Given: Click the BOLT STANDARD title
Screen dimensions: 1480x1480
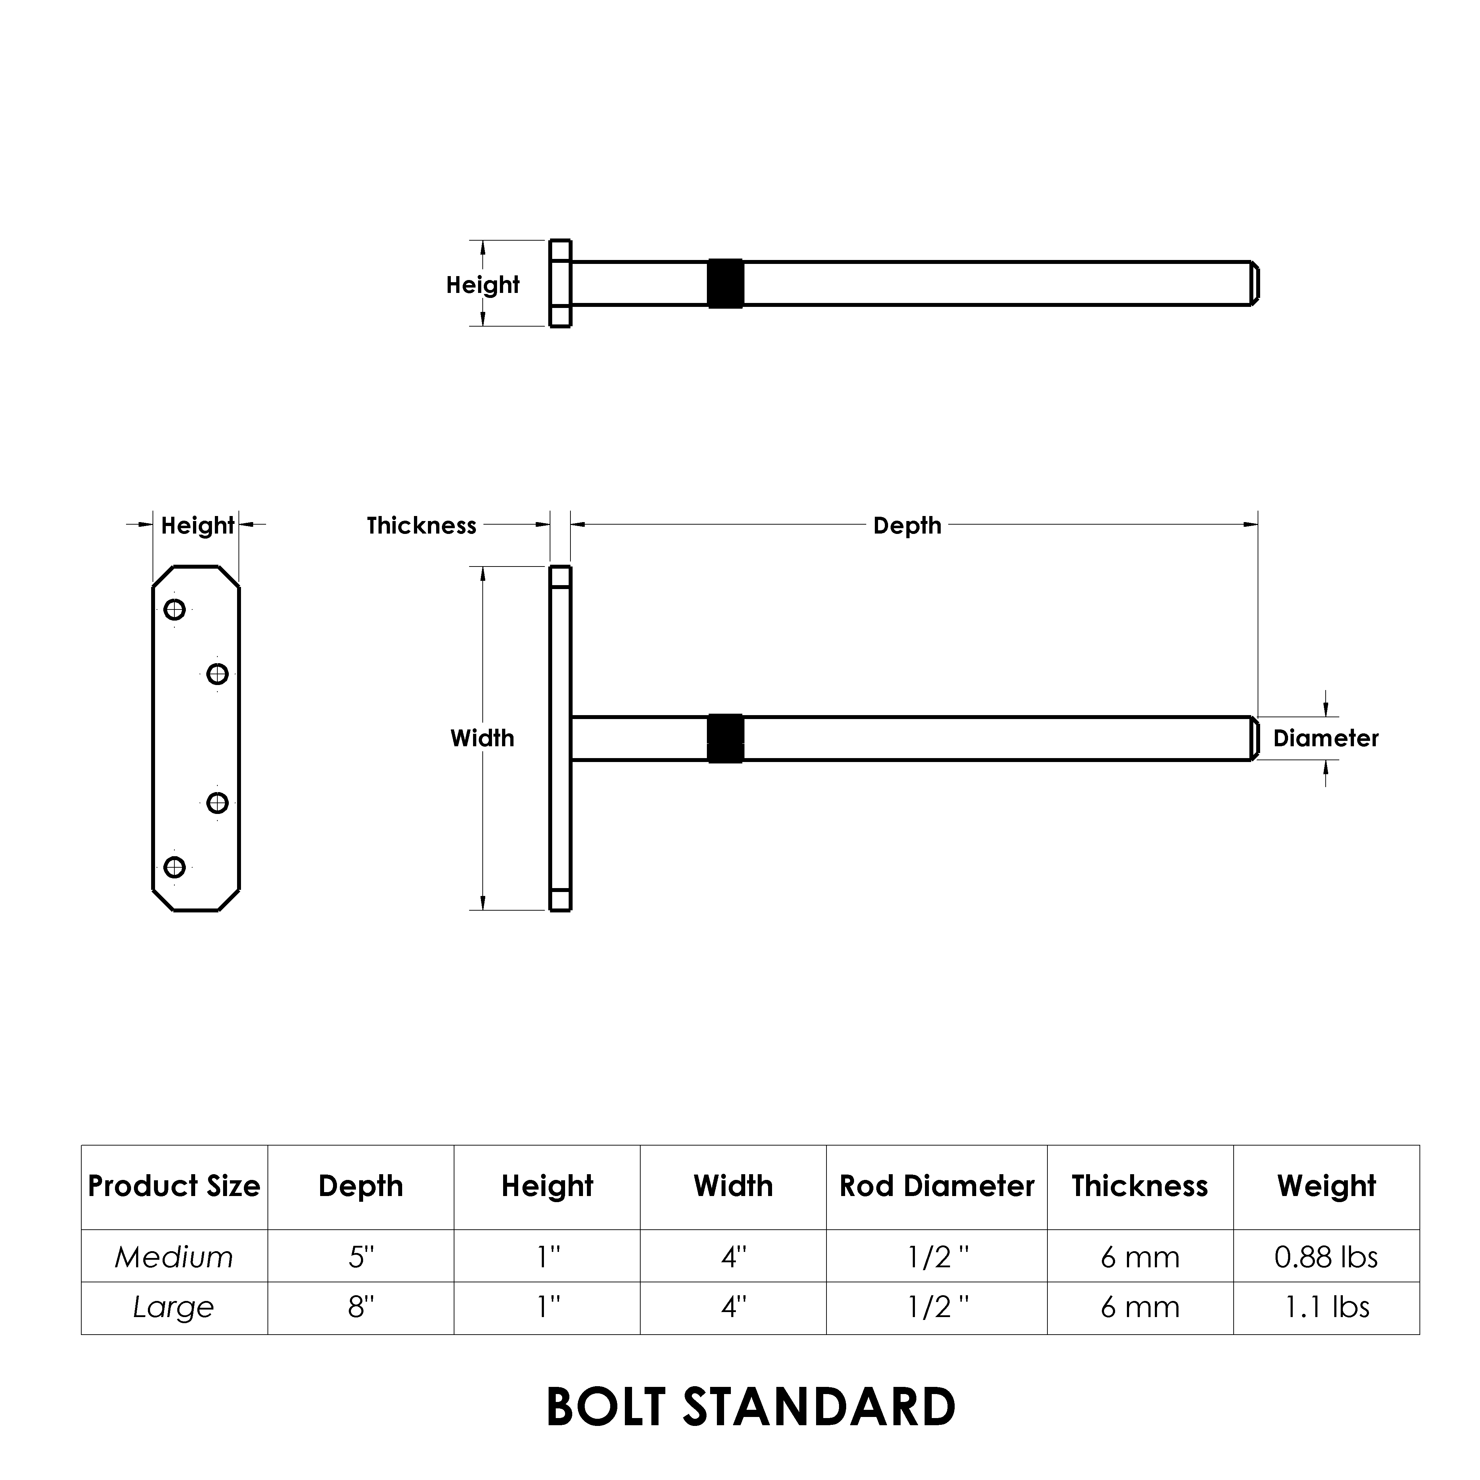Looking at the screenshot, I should point(751,1407).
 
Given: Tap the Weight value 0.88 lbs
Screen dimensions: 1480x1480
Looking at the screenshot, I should point(1326,1257).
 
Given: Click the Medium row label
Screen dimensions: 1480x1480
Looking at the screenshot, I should point(174,1257).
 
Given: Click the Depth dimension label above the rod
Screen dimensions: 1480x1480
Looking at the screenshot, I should point(907,526).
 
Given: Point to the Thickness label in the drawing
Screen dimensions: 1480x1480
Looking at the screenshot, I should point(421,526).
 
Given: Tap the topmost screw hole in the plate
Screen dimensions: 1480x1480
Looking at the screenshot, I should point(175,610).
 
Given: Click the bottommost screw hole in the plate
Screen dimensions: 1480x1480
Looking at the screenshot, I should point(175,867).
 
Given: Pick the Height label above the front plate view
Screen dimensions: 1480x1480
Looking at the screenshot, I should point(197,526).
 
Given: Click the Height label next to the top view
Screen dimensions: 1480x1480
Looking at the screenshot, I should point(483,285).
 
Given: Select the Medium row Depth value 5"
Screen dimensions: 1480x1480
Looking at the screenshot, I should point(361,1257).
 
